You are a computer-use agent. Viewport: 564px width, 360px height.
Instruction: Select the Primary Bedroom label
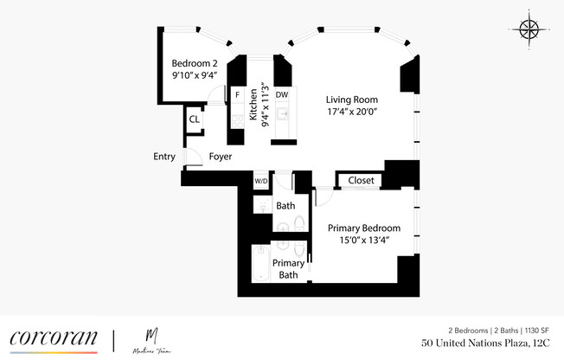363,228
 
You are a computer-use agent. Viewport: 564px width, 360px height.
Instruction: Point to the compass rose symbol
528,30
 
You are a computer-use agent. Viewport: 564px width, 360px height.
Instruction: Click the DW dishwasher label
282,94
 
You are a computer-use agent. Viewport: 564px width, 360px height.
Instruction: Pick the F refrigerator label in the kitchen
237,94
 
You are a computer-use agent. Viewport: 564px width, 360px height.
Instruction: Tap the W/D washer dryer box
260,181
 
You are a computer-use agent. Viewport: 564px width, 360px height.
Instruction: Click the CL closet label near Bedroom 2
195,119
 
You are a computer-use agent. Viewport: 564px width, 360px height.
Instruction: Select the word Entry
164,157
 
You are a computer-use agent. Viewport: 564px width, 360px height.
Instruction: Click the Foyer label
221,157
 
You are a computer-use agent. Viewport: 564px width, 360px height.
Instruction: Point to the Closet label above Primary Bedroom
361,181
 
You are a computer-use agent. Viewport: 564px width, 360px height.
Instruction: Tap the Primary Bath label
289,269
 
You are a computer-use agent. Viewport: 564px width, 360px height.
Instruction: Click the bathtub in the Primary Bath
259,264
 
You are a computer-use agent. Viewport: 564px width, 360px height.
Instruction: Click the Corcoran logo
54,338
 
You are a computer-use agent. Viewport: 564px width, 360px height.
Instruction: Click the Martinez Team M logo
152,337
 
